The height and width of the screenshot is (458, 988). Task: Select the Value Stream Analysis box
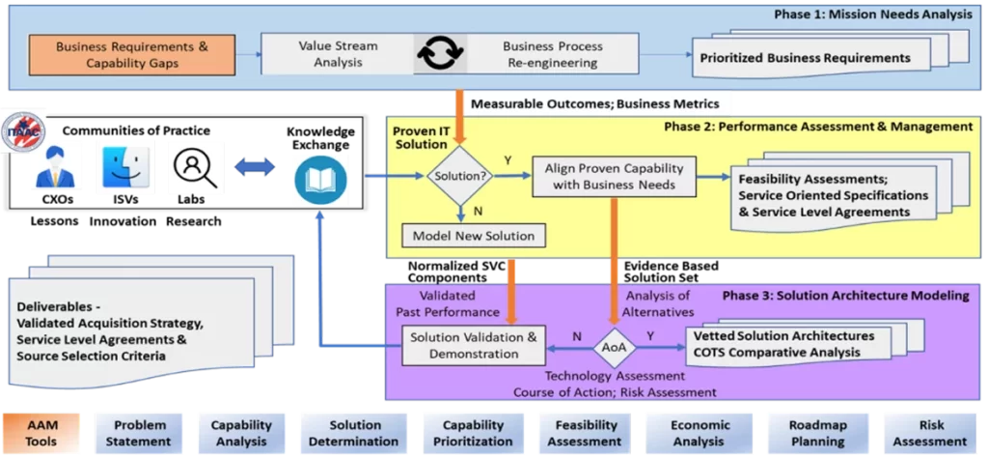(338, 54)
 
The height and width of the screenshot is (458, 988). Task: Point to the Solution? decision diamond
(459, 176)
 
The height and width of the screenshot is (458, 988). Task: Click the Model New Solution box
(474, 236)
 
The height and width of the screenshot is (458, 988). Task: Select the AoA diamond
(614, 345)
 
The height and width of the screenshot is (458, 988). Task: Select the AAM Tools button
(41, 433)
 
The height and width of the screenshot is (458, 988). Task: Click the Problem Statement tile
(140, 433)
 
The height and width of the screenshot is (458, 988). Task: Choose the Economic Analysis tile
(693, 433)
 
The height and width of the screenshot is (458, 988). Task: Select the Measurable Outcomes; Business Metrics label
(594, 103)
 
